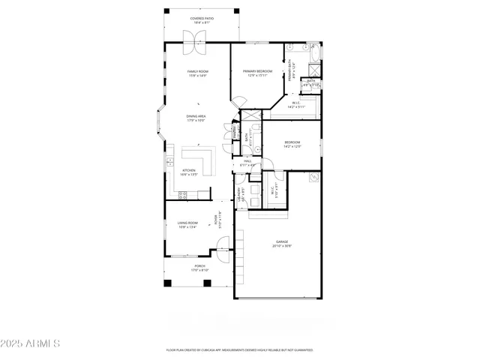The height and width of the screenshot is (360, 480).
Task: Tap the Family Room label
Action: (197, 71)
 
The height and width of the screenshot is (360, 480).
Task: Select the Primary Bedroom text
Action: (256, 71)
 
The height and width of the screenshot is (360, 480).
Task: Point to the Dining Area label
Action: (196, 116)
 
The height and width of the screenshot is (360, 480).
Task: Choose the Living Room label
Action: (187, 223)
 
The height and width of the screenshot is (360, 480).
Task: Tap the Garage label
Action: (281, 241)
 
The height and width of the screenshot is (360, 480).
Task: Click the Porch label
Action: (200, 266)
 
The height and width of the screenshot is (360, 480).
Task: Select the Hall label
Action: (247, 161)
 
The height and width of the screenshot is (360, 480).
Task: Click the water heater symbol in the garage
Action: (313, 178)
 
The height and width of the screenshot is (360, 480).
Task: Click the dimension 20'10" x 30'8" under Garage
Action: (281, 246)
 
